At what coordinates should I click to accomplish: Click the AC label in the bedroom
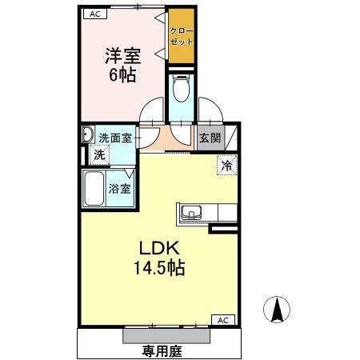click(x=94, y=14)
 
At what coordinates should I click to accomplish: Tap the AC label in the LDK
click(x=225, y=319)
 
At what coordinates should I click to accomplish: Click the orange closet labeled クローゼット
click(x=182, y=36)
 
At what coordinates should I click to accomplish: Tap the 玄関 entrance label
click(x=210, y=137)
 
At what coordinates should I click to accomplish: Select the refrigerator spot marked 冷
click(x=227, y=166)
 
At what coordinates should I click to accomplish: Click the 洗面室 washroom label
click(x=115, y=137)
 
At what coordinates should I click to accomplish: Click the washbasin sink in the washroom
click(x=87, y=137)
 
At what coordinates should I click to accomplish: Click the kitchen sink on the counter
click(x=190, y=213)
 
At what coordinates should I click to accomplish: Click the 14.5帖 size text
click(x=160, y=269)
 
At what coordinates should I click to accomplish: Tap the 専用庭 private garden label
click(x=159, y=349)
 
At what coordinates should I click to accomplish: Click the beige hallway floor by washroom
click(x=159, y=139)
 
